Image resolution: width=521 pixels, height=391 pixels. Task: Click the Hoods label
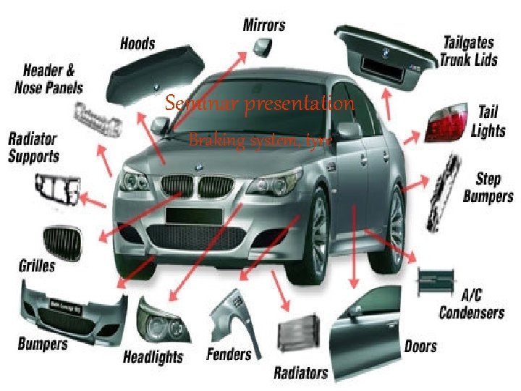[x=137, y=43]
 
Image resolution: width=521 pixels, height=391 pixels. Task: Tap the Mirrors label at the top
[x=263, y=25]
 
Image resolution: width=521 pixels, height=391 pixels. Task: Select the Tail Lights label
[x=488, y=121]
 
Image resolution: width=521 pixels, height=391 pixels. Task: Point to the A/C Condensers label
[x=471, y=304]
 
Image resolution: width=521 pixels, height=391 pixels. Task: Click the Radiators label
[x=300, y=373]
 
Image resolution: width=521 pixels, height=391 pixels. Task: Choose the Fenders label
[x=229, y=354]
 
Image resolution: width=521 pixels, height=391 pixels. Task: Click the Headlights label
[x=153, y=356]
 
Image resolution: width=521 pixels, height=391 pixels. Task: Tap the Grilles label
[x=36, y=265]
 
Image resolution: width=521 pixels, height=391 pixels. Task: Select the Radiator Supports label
[x=33, y=146]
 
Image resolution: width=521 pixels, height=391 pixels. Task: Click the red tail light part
[x=444, y=123]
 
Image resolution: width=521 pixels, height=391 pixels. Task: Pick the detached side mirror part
[x=261, y=48]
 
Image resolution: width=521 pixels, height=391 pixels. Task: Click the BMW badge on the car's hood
[x=198, y=167]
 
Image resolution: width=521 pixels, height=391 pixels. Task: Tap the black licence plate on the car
[x=188, y=215]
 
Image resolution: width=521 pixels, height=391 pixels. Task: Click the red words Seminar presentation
[x=260, y=104]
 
